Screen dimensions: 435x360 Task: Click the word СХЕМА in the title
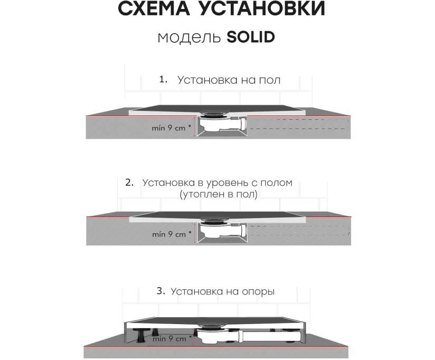click(154, 8)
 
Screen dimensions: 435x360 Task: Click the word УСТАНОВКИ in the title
click(262, 8)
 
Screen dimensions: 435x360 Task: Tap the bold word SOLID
click(251, 37)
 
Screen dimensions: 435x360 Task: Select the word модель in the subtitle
click(189, 37)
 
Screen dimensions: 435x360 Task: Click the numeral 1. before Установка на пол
click(163, 80)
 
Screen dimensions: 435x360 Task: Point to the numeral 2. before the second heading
click(129, 183)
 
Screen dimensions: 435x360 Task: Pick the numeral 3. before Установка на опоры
click(161, 291)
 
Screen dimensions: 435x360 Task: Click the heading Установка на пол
click(229, 80)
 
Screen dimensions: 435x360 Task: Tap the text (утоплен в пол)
click(219, 194)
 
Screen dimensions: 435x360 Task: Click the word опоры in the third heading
click(258, 292)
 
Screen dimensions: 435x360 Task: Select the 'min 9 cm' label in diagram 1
click(171, 128)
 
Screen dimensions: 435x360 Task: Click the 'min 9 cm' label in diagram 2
click(172, 234)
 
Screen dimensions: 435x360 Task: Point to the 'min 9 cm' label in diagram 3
click(172, 338)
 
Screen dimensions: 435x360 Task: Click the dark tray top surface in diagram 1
click(217, 108)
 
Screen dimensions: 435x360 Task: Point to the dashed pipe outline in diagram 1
click(298, 124)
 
